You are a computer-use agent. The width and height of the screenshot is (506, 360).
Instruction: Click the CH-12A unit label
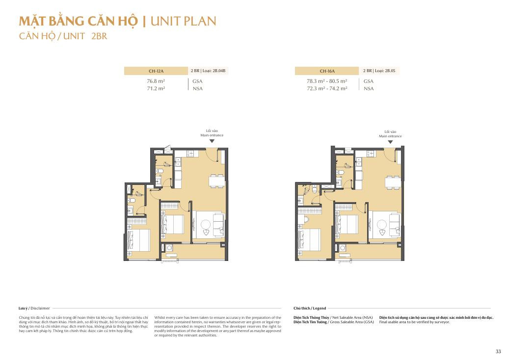pos(156,71)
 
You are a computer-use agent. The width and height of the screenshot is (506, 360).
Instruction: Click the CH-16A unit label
pos(327,71)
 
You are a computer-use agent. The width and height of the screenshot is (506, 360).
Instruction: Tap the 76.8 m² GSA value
pos(156,81)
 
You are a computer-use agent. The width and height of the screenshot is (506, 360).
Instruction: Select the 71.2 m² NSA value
pos(156,88)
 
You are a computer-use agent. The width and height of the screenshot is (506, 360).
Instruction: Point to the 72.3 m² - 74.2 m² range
pos(327,88)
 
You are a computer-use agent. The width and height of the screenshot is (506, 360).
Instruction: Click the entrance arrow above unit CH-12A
pos(212,141)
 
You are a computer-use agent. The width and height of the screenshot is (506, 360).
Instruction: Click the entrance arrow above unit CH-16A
pos(390,142)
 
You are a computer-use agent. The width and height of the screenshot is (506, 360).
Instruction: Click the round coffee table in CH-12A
pos(205,224)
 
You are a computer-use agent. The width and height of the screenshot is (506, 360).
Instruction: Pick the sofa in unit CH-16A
pos(394,225)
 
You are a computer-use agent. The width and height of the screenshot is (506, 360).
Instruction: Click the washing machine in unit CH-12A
pos(169,248)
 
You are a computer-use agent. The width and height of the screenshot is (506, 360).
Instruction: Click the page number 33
pos(498,352)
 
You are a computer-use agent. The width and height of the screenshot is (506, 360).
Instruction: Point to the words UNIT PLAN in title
pos(183,21)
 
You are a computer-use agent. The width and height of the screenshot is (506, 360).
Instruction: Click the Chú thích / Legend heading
pos(310,309)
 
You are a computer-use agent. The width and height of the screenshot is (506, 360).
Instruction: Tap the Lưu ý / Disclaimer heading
pos(34,309)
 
